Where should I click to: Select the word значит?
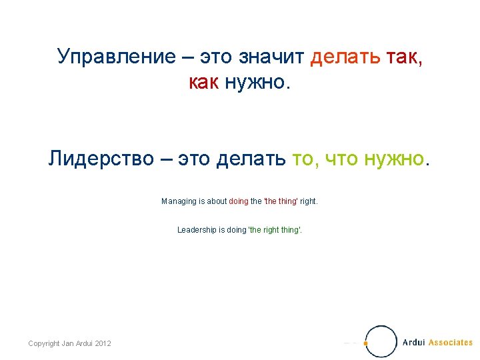275,57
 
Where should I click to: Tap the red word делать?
345,57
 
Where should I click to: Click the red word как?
204,83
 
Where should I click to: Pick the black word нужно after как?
256,83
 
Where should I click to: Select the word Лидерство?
101,159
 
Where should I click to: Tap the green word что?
338,159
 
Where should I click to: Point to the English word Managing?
178,201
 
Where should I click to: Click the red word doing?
238,201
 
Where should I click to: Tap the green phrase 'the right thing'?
274,229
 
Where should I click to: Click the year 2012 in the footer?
103,343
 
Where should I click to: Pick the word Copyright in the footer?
44,343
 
